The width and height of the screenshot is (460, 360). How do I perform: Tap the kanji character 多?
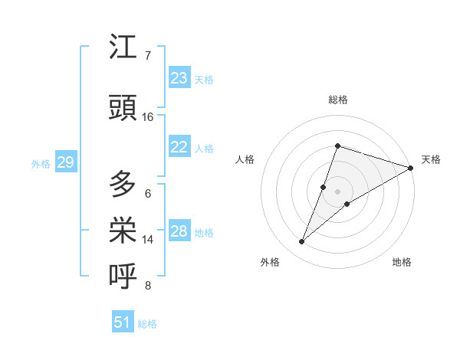(x=123, y=184)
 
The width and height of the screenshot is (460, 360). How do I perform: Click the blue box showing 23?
(x=179, y=78)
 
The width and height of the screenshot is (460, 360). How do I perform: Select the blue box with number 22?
(x=179, y=148)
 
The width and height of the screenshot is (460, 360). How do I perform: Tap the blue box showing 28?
(x=179, y=232)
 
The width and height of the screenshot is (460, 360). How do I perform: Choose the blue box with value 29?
(x=65, y=162)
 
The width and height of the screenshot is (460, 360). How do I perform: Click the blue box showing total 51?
(x=123, y=322)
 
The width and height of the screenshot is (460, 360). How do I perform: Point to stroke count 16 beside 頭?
(x=148, y=117)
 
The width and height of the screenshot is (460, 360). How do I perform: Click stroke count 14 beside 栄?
(x=148, y=240)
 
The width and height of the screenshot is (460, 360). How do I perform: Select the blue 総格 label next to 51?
(x=147, y=324)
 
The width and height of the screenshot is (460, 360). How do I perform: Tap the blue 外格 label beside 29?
(x=41, y=163)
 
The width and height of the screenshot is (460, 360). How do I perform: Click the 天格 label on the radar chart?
(x=431, y=159)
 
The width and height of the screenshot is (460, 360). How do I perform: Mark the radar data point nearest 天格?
(x=411, y=168)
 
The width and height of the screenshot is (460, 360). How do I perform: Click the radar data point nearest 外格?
(x=302, y=242)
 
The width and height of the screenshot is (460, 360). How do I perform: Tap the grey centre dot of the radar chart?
(x=338, y=191)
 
